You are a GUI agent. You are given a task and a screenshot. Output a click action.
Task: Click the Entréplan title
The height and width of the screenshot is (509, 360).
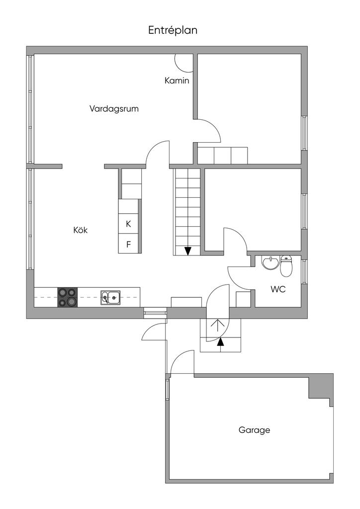[x=173, y=30]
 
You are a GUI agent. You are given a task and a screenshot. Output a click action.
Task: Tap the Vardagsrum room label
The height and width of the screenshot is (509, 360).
[x=114, y=108]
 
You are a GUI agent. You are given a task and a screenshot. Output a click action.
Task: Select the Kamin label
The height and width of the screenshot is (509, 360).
[x=177, y=81]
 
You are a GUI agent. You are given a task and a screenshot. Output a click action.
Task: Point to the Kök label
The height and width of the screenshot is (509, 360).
[x=81, y=230]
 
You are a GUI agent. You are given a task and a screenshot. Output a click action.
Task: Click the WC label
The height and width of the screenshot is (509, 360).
[x=278, y=289]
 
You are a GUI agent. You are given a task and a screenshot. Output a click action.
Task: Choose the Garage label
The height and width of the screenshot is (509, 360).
[x=254, y=430]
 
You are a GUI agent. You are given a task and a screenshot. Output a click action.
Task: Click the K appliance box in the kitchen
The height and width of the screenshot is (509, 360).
[x=128, y=224]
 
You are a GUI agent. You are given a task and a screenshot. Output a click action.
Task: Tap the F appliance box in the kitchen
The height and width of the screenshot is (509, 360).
[x=128, y=244]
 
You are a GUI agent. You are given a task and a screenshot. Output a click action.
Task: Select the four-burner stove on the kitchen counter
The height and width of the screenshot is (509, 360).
[x=68, y=297]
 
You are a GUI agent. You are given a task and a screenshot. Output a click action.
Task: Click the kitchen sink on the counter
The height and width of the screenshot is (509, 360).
[x=110, y=297]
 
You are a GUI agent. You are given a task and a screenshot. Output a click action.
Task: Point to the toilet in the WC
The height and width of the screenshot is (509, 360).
[x=286, y=267]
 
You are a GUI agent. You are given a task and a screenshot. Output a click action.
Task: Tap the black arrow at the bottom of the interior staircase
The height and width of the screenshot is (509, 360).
[x=188, y=251]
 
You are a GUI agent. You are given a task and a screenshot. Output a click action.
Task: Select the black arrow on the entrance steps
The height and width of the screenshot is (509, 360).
[x=220, y=341]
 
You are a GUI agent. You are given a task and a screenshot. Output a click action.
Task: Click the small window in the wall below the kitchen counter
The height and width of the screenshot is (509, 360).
[x=155, y=313]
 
